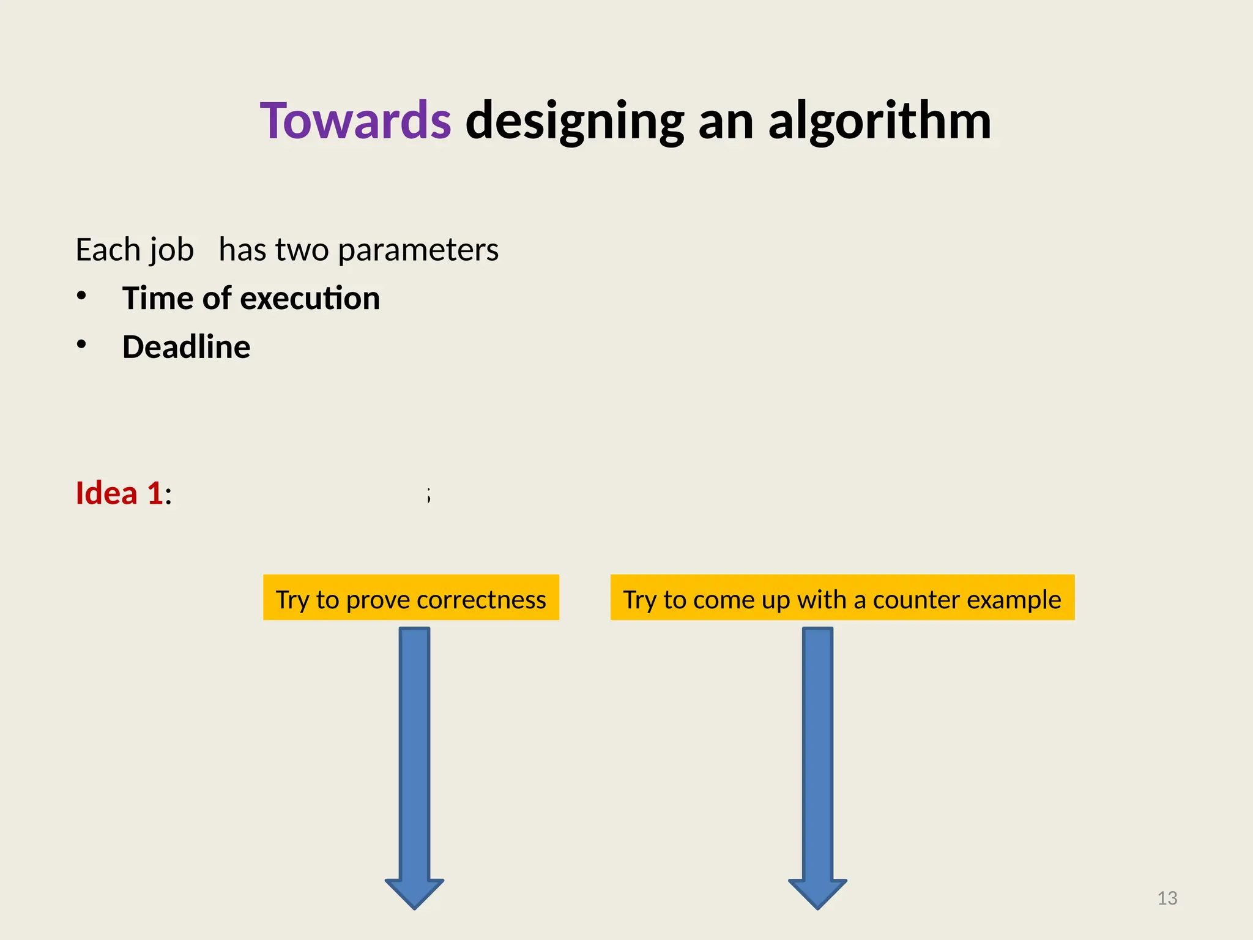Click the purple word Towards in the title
pos(355,121)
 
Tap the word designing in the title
pos(574,121)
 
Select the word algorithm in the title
pos(879,121)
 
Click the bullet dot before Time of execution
pos(81,296)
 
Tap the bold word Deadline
pos(186,347)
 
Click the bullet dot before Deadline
pos(81,345)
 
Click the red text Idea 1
pos(119,493)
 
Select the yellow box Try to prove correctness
pos(411,597)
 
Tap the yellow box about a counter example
pos(842,597)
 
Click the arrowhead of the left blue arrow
pos(414,893)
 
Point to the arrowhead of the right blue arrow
pos(817,893)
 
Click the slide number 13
pos(1167,898)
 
